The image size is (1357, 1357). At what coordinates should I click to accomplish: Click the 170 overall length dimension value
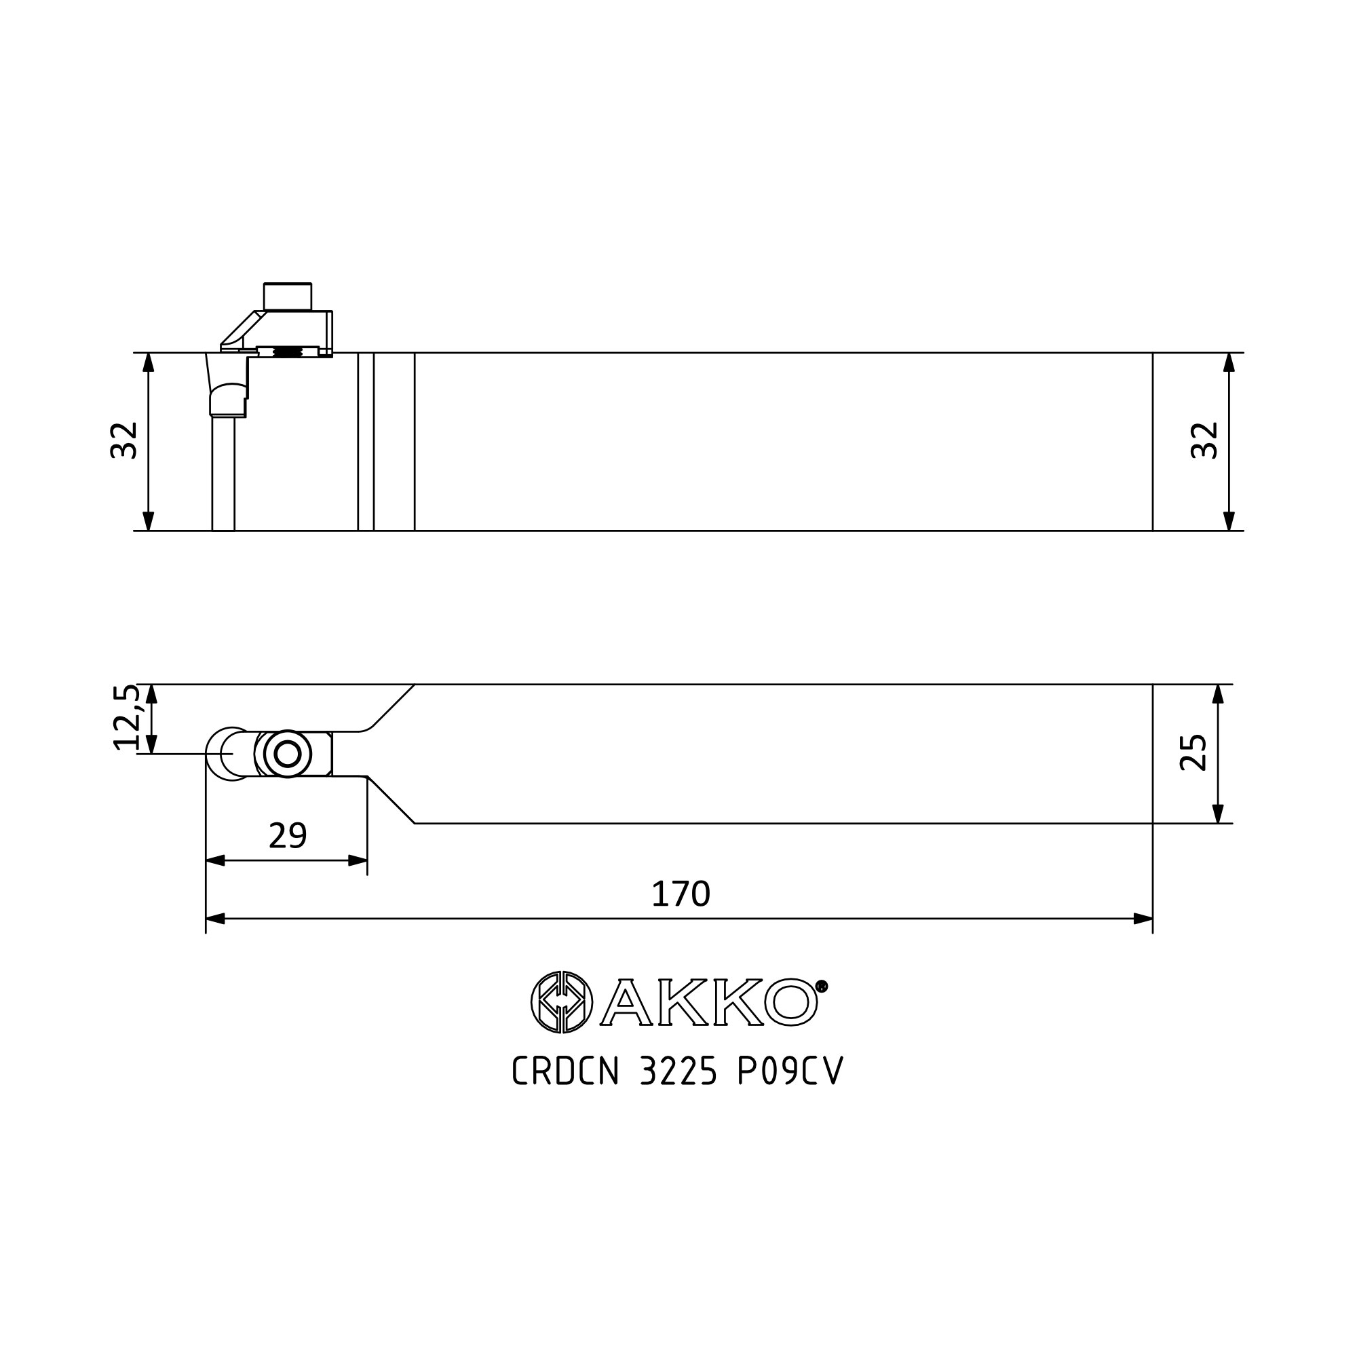(681, 894)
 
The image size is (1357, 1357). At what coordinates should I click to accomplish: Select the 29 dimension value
(288, 835)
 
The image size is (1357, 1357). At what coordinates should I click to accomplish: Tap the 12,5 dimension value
(126, 717)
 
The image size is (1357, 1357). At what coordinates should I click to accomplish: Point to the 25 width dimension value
(1193, 752)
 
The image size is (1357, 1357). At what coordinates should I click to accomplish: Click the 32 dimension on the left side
(123, 440)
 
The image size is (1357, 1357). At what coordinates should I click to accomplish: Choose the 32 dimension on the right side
(1204, 440)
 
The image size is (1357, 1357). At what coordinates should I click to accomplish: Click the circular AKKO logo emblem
(561, 1002)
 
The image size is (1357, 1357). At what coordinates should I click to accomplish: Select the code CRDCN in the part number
(565, 1071)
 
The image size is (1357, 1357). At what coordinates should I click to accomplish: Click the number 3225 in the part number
(678, 1071)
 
